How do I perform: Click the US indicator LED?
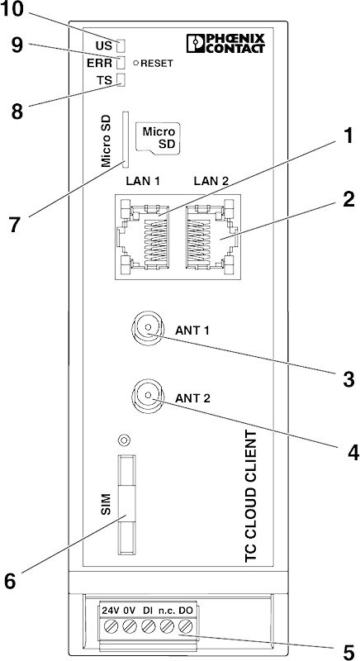[121, 45]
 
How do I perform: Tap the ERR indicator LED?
[121, 64]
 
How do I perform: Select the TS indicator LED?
[121, 79]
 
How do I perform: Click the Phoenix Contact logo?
[225, 44]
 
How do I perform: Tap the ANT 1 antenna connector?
[147, 328]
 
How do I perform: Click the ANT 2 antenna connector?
[147, 395]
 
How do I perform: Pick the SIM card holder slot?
[125, 505]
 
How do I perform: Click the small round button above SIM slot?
[123, 440]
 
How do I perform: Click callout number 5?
[348, 652]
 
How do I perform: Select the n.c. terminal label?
[167, 610]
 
